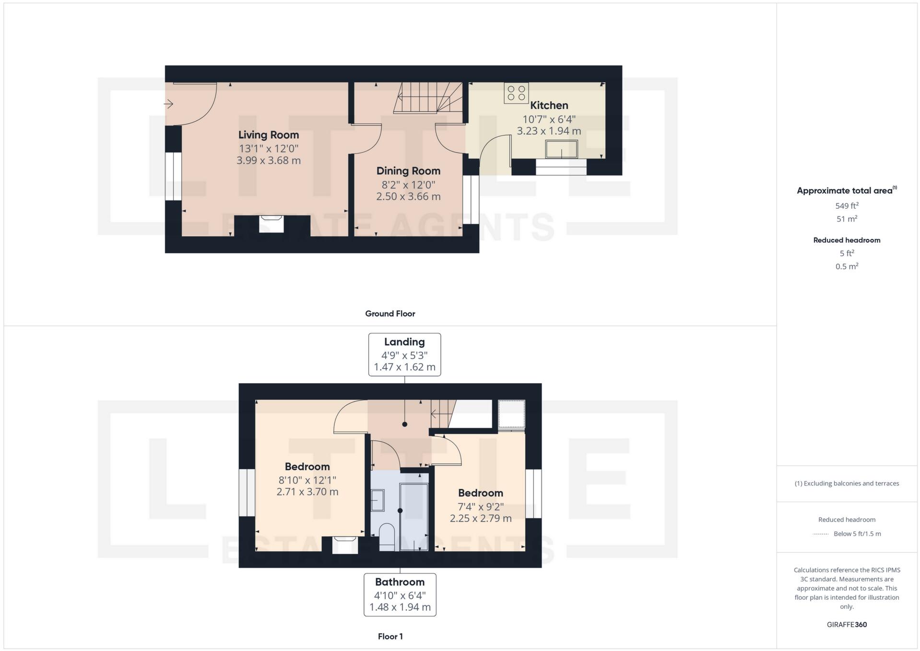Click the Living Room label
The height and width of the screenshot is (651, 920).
point(268,135)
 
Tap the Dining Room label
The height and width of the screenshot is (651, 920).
point(408,171)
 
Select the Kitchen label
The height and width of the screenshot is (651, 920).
point(549,106)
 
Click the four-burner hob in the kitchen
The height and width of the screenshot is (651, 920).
point(516,93)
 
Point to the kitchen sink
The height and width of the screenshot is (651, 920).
point(561,149)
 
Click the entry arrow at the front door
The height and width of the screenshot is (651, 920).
point(168,104)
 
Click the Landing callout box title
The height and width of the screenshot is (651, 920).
point(404,342)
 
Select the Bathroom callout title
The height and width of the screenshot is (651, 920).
point(400,582)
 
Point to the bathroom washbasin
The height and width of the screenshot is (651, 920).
point(377,500)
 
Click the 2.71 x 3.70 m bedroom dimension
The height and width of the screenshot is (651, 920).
point(307,492)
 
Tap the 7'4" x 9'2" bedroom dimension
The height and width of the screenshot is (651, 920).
point(480,506)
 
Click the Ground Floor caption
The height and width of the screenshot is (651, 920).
point(390,314)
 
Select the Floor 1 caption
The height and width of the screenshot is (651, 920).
point(390,637)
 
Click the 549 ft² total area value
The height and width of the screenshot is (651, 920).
point(847,206)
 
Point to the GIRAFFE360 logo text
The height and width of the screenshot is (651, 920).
point(847,625)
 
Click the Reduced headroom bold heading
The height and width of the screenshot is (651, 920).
point(847,240)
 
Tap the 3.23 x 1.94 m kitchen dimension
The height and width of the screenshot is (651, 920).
point(549,131)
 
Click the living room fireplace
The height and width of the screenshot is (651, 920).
point(271,224)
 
